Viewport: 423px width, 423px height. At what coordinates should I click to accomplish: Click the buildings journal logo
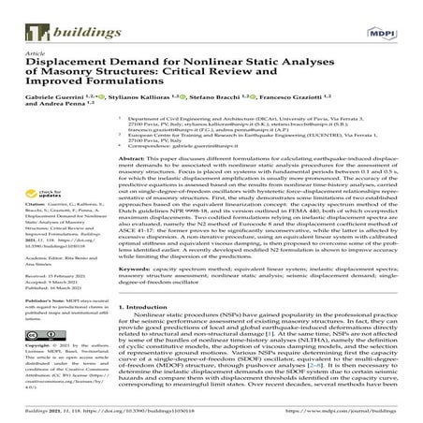tap(48, 16)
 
